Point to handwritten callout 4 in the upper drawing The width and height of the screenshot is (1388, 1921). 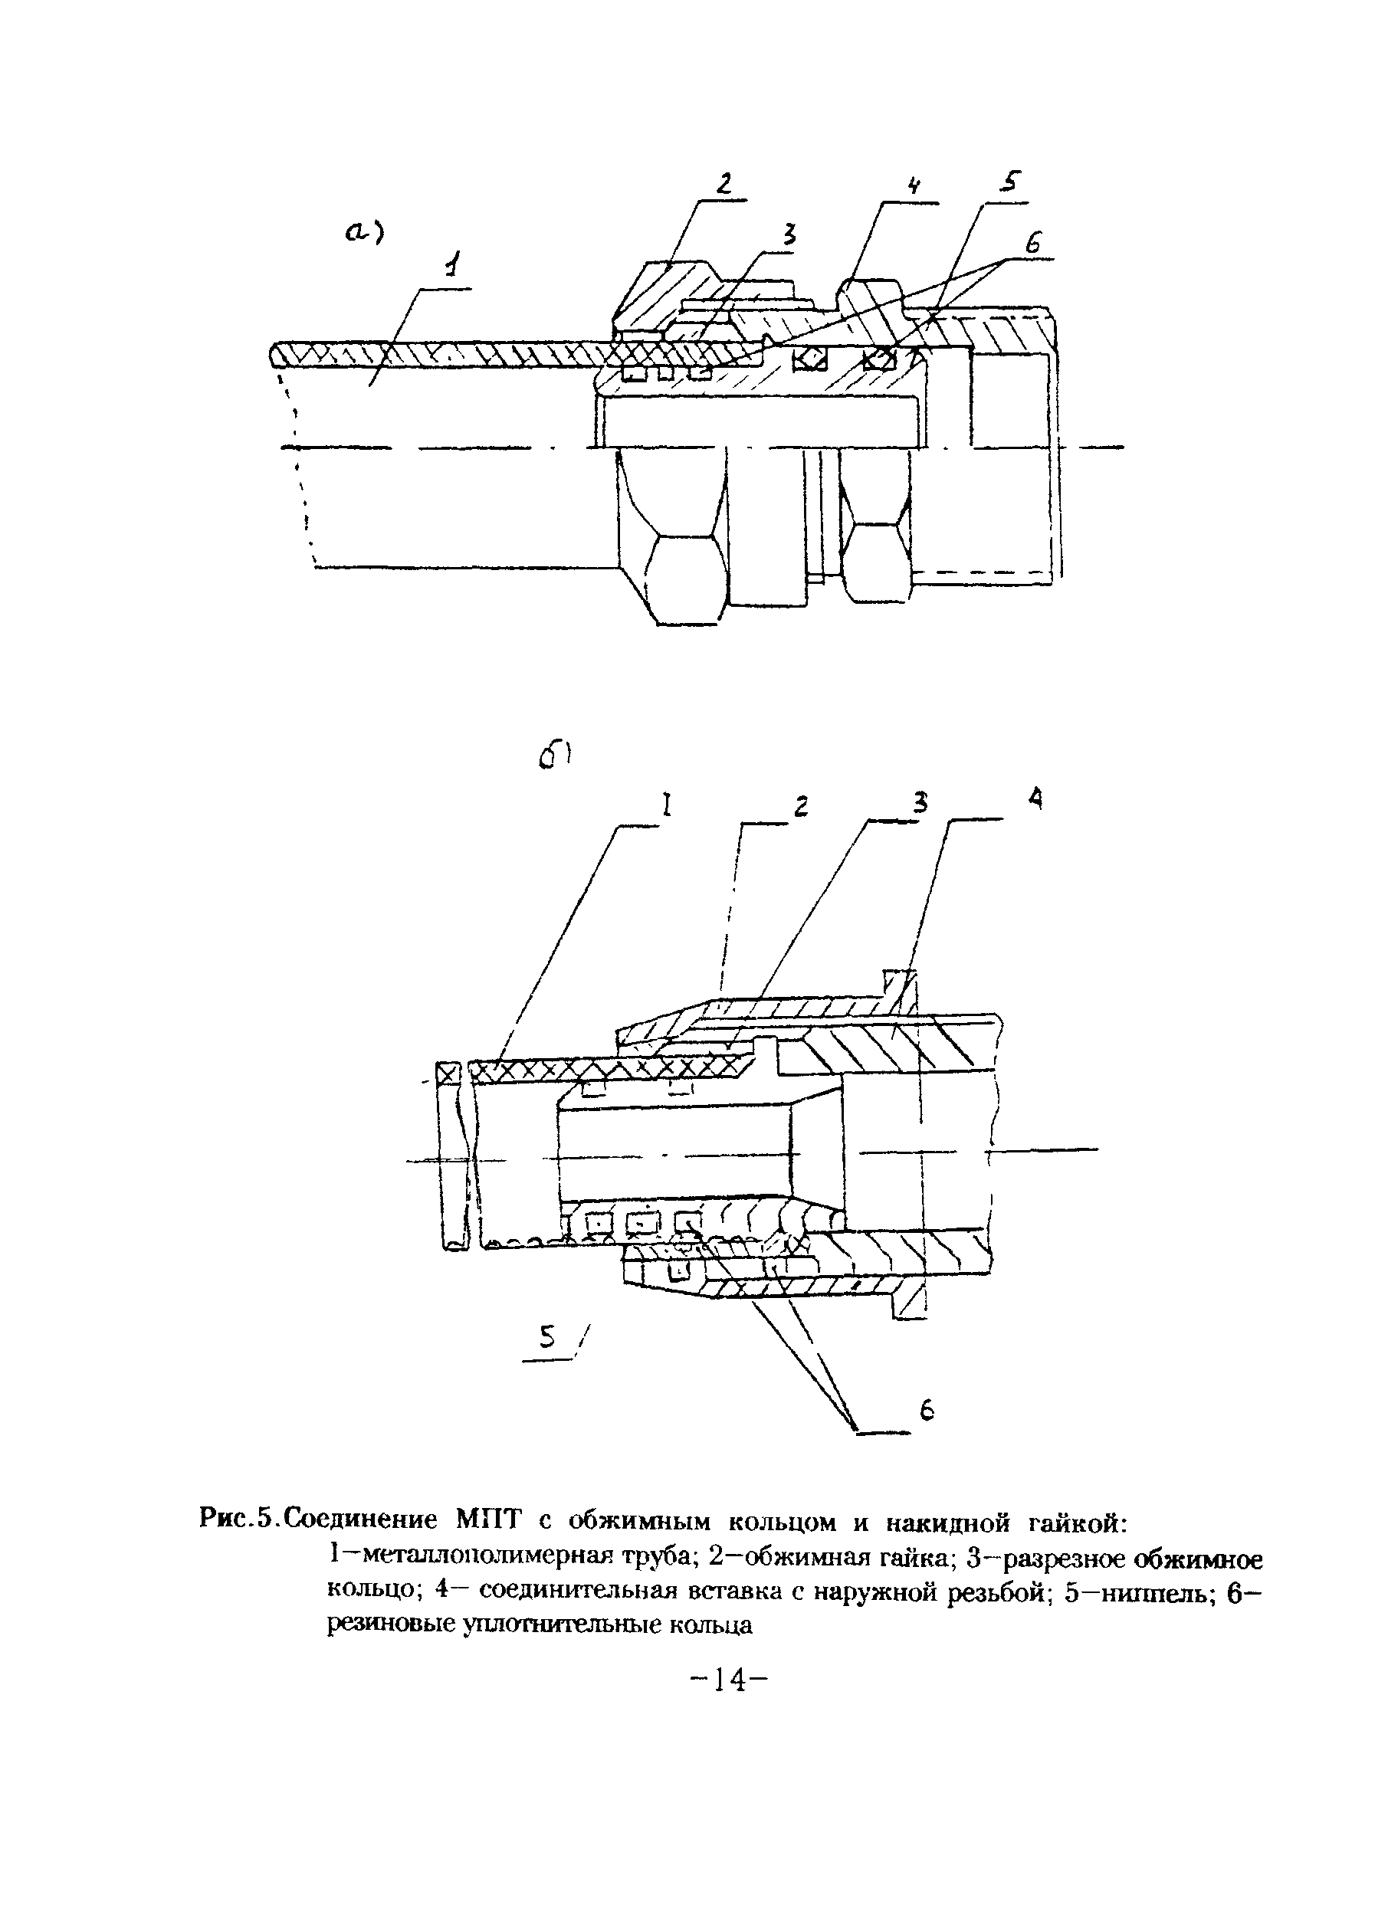click(914, 186)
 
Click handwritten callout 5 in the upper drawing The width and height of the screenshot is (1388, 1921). click(1011, 182)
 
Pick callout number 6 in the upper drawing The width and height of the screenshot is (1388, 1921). click(1032, 244)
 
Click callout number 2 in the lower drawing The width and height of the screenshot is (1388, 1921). click(800, 806)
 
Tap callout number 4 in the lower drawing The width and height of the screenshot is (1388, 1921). click(1035, 798)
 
